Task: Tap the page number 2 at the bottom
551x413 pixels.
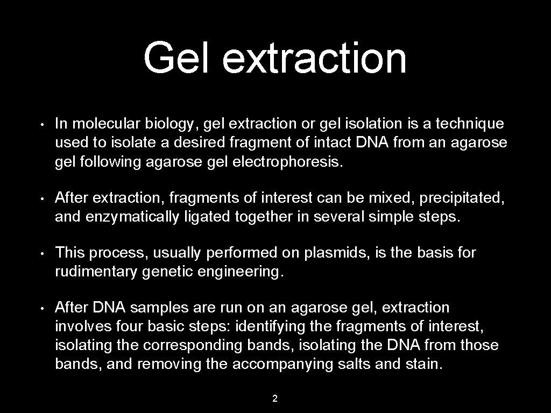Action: click(275, 398)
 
